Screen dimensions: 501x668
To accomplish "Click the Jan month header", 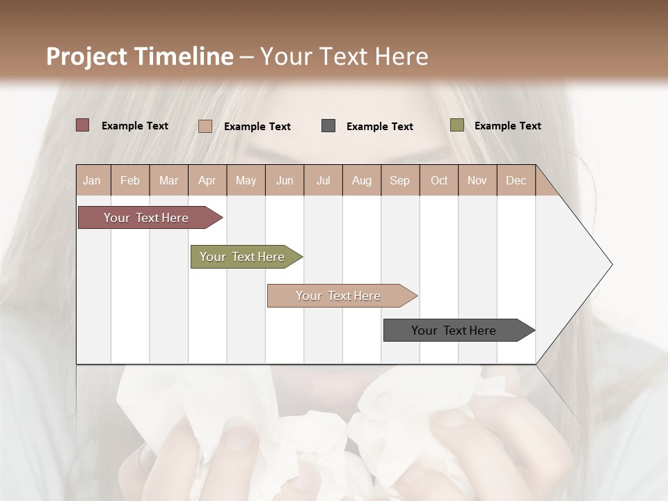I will [92, 180].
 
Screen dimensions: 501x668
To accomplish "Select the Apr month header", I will [207, 180].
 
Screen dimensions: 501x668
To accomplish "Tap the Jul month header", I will [323, 180].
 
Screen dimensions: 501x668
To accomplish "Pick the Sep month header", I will [399, 180].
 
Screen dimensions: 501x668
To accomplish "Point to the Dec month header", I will [516, 180].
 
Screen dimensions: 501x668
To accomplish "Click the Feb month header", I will [130, 180].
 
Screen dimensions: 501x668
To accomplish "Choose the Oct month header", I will [439, 180].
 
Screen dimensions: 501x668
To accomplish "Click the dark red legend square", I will [83, 125].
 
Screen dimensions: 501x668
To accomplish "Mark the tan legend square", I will [205, 126].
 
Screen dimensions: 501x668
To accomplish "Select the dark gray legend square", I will [328, 126].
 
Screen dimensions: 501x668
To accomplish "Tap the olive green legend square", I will [456, 125].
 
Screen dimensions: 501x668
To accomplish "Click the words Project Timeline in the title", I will [139, 56].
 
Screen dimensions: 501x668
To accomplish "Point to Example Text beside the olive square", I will [507, 126].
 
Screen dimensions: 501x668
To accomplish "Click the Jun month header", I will [285, 180].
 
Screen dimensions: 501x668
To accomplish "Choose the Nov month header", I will [477, 180].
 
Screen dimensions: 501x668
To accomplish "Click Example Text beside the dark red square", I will [135, 126].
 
